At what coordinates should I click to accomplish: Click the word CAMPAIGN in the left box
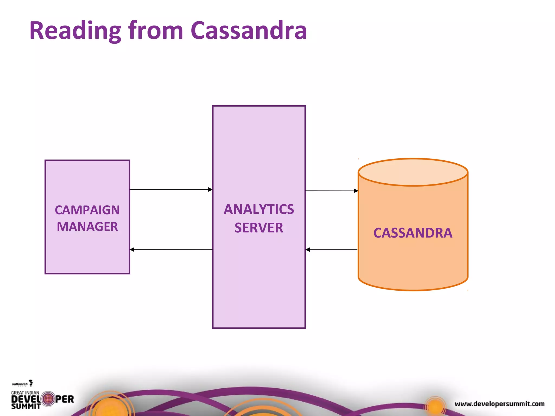click(x=87, y=210)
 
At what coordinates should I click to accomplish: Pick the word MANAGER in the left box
click(x=87, y=227)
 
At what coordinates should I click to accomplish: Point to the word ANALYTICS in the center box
click(x=259, y=209)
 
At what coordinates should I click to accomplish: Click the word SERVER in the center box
click(x=259, y=227)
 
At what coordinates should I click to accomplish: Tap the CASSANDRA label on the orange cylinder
click(x=413, y=233)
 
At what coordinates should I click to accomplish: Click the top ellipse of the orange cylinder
click(x=413, y=172)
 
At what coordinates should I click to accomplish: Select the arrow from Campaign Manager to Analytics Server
click(x=171, y=190)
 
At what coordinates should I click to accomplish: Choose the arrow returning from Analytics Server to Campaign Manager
click(x=171, y=249)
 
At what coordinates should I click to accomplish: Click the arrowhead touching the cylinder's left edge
click(x=356, y=191)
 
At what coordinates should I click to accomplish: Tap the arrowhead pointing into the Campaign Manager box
click(x=132, y=249)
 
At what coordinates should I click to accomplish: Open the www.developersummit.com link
click(x=499, y=404)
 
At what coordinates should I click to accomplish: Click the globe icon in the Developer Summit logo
click(x=49, y=399)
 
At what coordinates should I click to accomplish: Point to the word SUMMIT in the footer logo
click(x=26, y=406)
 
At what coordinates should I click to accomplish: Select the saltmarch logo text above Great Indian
click(x=20, y=384)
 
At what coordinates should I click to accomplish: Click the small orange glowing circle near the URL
click(x=435, y=407)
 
